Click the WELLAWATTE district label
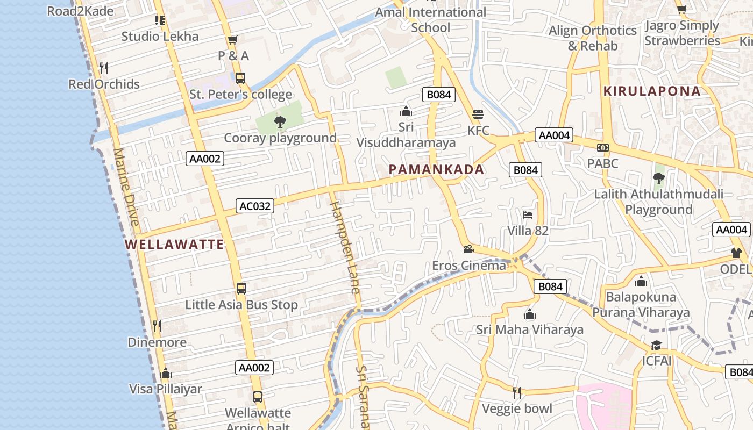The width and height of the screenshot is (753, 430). click(x=174, y=245)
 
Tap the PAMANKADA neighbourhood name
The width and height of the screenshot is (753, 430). click(x=436, y=170)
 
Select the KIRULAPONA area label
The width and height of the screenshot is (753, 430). click(x=652, y=91)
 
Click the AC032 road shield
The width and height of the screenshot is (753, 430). click(x=255, y=206)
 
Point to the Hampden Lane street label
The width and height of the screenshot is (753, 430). click(x=344, y=247)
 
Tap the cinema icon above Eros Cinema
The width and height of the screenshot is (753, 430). click(x=468, y=249)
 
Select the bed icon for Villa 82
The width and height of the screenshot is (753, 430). click(x=528, y=215)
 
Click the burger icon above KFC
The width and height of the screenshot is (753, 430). click(x=478, y=114)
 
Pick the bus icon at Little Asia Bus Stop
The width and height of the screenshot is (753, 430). click(x=241, y=289)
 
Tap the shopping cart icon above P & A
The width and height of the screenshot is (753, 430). click(x=233, y=40)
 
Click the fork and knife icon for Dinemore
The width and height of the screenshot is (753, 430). click(x=157, y=326)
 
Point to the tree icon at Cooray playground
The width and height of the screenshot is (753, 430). click(x=280, y=122)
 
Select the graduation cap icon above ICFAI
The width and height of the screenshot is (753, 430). click(x=656, y=345)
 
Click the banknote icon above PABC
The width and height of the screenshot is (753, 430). click(x=603, y=147)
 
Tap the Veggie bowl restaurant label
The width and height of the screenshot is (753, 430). click(x=517, y=409)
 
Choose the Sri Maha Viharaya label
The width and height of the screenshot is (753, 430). click(x=530, y=329)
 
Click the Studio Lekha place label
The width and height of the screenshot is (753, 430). click(x=160, y=37)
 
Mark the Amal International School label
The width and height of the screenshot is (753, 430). click(x=430, y=20)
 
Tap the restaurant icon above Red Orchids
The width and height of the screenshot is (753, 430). click(x=104, y=68)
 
